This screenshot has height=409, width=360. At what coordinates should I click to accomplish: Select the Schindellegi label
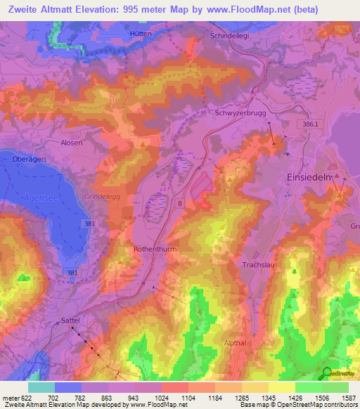[231, 35]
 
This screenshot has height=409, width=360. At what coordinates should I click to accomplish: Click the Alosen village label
[71, 143]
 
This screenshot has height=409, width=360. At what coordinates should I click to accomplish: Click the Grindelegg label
[102, 197]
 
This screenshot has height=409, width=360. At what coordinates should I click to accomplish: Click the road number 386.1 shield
[307, 124]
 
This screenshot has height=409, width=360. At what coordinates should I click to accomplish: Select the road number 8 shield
[180, 204]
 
